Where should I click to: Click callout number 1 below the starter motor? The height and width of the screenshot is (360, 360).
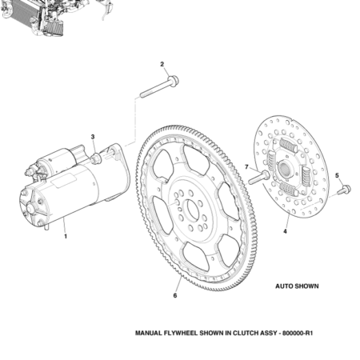(x=66, y=236)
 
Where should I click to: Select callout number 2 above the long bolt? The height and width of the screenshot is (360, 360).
(x=162, y=64)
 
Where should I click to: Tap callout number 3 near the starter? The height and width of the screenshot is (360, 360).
(x=94, y=138)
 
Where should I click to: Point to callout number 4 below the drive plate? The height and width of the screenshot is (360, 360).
(x=284, y=231)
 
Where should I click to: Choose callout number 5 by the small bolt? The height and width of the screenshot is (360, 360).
(x=337, y=175)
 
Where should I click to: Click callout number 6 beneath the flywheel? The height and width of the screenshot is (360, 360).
(x=175, y=294)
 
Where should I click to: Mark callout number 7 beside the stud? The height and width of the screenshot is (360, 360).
(x=246, y=167)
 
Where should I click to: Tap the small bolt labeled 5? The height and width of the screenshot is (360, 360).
(x=344, y=190)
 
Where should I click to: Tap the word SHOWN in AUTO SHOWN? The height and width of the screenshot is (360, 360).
(x=307, y=286)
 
